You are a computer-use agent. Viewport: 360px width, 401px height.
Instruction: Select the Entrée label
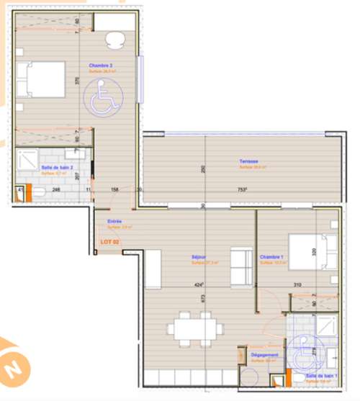(x=114, y=221)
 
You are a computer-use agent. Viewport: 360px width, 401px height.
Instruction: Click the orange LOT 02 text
(x=109, y=241)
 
